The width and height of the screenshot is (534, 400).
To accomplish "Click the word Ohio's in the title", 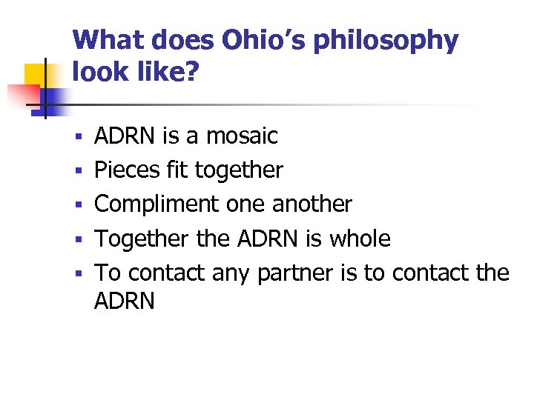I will [x=263, y=40].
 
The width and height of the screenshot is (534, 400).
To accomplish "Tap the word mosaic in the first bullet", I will [x=242, y=136].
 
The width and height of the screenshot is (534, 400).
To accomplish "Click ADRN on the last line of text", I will [x=125, y=301].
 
